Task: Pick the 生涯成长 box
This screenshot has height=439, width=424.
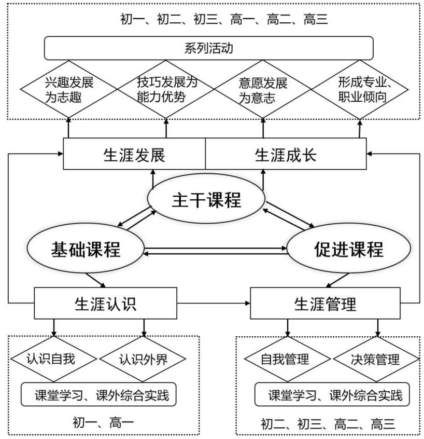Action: pyautogui.click(x=286, y=154)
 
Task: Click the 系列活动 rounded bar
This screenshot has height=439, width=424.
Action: pyautogui.click(x=209, y=48)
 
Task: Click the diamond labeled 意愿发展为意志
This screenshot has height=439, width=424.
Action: pyautogui.click(x=263, y=89)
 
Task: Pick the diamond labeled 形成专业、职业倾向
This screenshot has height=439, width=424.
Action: pyautogui.click(x=361, y=89)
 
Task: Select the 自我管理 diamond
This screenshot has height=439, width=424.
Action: pyautogui.click(x=287, y=359)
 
